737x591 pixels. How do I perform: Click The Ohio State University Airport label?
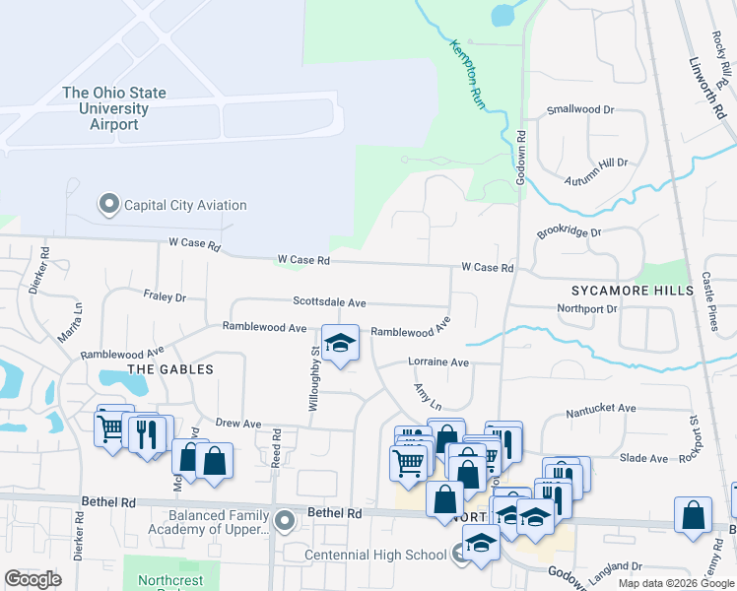(x=113, y=108)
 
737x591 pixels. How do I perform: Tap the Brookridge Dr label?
(x=569, y=233)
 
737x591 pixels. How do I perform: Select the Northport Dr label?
(x=587, y=308)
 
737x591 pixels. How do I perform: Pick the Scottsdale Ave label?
(x=329, y=302)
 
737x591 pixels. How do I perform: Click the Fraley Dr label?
(x=164, y=295)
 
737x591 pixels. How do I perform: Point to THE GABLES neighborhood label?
(x=170, y=368)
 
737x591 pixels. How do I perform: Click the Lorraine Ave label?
(x=438, y=362)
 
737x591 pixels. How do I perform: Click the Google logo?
(x=33, y=579)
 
